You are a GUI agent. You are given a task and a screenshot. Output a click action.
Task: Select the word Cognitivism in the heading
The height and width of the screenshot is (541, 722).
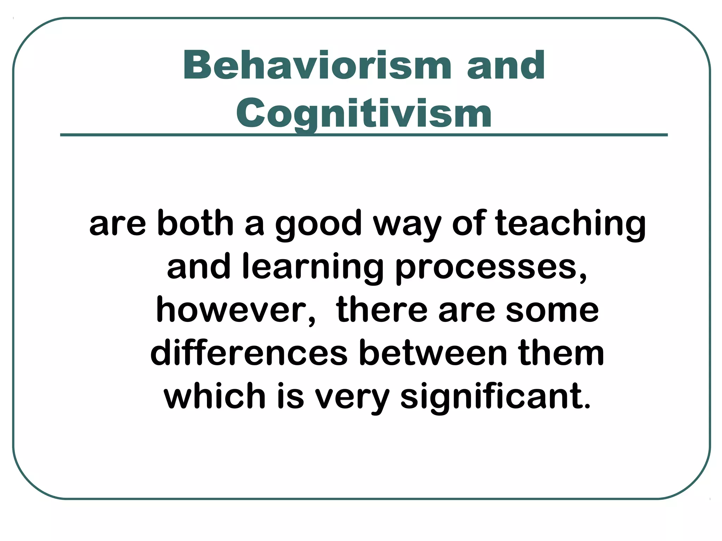(x=364, y=113)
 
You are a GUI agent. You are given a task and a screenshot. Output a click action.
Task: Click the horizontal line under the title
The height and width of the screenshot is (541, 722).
(x=364, y=135)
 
